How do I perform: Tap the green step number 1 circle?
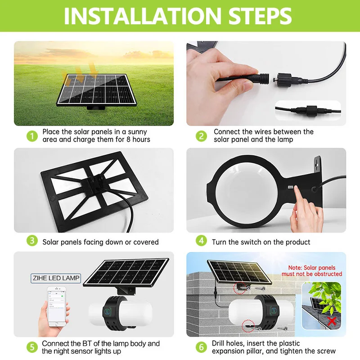31,136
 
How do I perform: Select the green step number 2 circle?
201,136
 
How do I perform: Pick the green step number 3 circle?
31,241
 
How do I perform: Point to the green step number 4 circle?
201,241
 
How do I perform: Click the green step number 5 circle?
31,347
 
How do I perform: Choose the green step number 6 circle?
201,347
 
